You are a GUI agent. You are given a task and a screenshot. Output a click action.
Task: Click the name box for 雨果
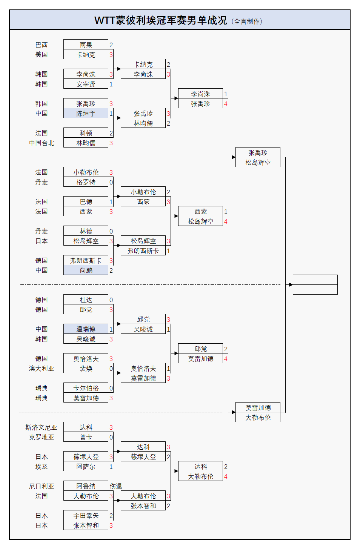(x=86, y=45)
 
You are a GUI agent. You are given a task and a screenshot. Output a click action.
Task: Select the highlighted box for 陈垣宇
(x=86, y=113)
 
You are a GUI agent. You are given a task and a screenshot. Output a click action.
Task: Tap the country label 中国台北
(x=42, y=143)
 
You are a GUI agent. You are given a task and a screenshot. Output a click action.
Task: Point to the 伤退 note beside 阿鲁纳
(x=116, y=486)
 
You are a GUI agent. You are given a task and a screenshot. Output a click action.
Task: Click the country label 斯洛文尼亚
(x=41, y=427)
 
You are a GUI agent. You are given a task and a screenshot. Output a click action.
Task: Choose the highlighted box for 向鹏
(x=86, y=270)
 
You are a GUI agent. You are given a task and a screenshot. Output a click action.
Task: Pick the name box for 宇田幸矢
(x=86, y=516)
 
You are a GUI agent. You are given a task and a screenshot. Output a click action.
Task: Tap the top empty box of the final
(x=315, y=280)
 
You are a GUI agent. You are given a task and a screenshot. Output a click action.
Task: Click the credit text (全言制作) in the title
(x=247, y=22)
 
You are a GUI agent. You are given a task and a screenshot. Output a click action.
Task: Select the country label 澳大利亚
(x=42, y=369)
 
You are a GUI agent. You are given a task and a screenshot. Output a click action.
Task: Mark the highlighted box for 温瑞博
(x=86, y=329)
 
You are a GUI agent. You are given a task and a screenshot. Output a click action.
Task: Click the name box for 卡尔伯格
(x=86, y=388)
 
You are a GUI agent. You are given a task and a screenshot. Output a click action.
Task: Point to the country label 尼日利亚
(x=42, y=486)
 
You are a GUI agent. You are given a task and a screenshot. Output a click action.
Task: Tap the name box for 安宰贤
(x=86, y=84)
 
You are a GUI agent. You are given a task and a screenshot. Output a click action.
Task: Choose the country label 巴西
(x=42, y=45)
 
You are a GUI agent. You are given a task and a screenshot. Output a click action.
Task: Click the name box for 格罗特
(x=86, y=182)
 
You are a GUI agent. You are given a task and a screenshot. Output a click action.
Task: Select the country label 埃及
(x=42, y=467)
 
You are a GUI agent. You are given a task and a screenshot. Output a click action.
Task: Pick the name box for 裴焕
(x=86, y=369)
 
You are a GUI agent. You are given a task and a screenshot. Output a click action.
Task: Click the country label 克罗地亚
(x=42, y=437)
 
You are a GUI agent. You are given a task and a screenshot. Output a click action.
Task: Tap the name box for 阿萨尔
(x=86, y=467)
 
